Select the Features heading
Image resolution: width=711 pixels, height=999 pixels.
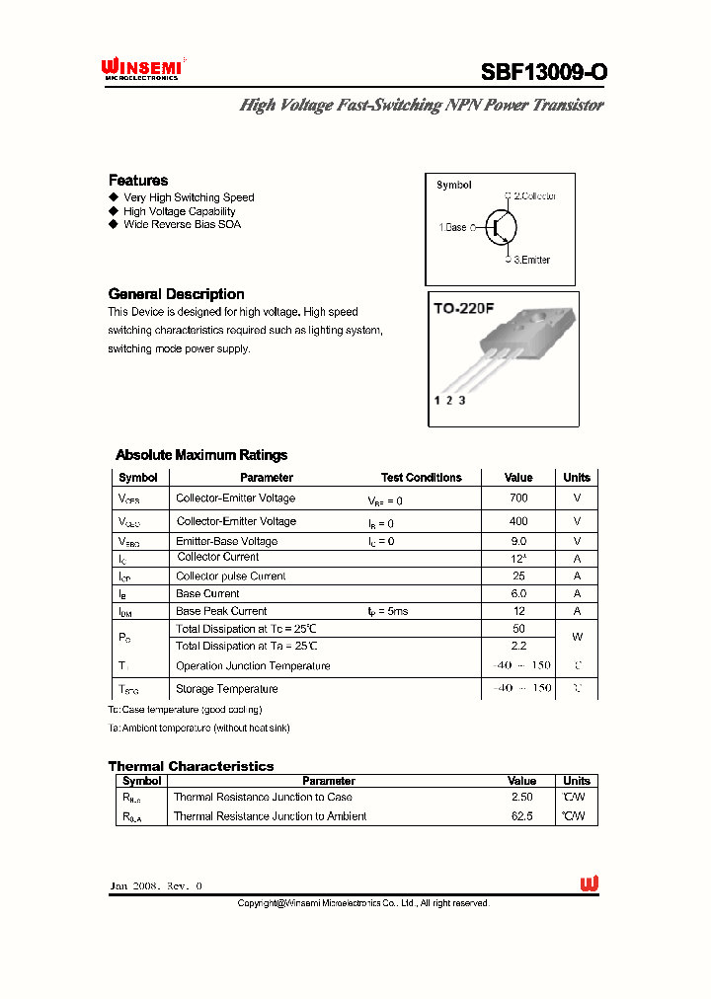click(138, 181)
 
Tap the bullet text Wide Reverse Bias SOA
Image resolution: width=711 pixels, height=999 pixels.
click(182, 224)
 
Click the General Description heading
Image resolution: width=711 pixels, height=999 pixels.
click(176, 294)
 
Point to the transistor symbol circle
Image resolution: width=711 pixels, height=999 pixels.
click(501, 227)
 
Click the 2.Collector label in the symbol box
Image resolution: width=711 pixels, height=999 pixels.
click(534, 196)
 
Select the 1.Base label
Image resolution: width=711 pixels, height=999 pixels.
click(452, 227)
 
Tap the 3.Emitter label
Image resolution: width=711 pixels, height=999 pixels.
click(531, 260)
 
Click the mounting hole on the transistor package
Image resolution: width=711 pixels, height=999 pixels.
click(543, 318)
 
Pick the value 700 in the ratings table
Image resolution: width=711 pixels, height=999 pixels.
click(518, 499)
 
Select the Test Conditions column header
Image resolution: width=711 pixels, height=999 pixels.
click(421, 478)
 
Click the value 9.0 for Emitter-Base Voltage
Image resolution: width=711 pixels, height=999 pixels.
click(518, 541)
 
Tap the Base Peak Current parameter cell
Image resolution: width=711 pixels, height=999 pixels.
click(221, 611)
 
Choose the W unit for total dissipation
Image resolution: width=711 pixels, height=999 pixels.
click(577, 637)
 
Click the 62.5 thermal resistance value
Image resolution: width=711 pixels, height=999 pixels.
click(521, 816)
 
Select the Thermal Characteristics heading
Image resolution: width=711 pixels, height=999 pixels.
click(191, 766)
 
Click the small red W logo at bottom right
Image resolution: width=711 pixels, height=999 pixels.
click(590, 884)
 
